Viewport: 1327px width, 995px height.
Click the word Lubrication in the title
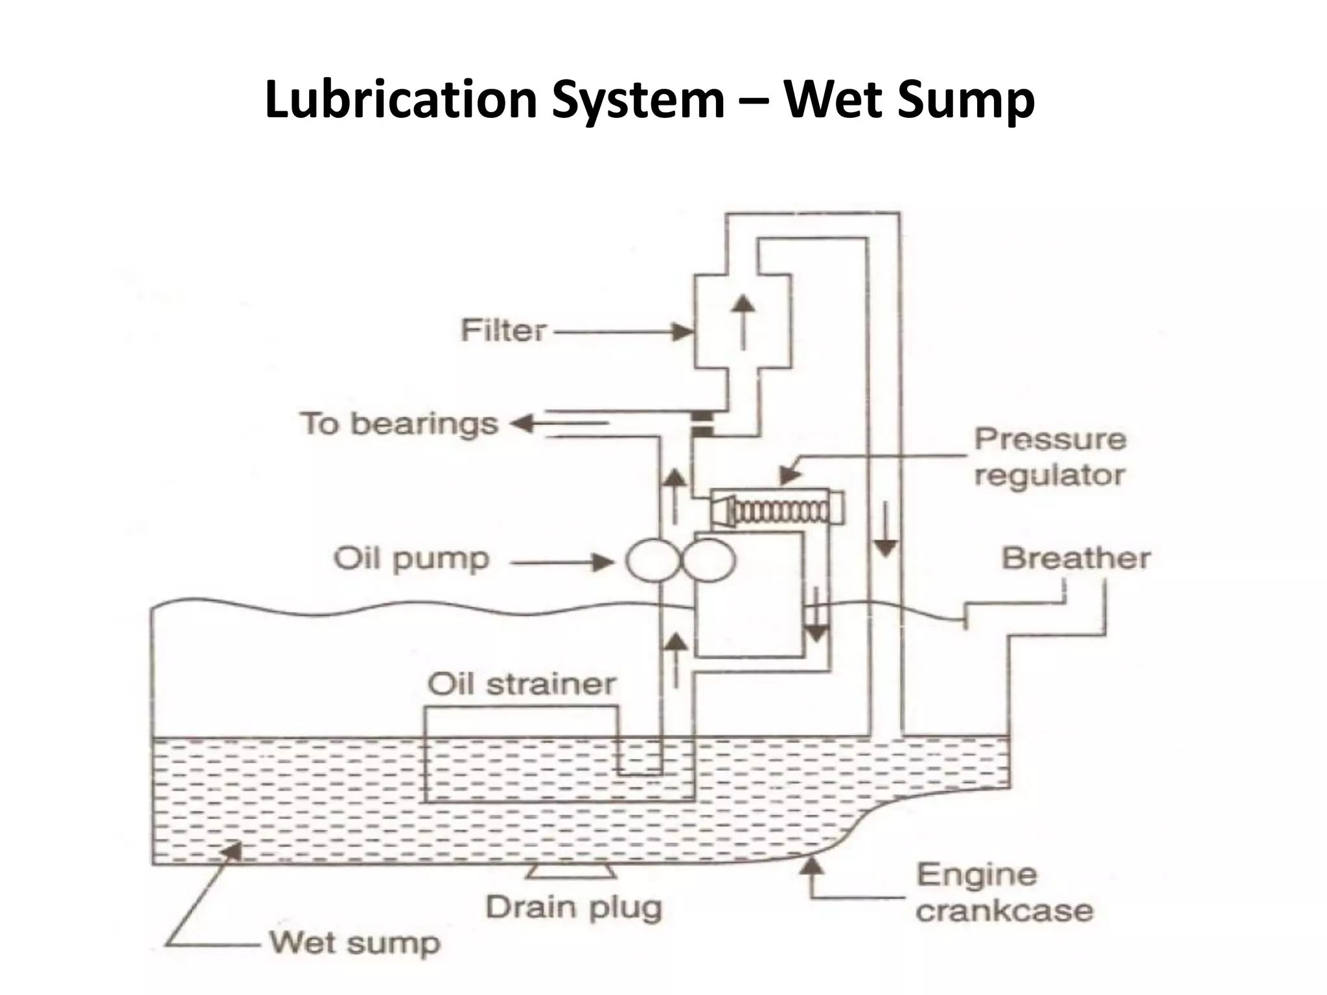401,100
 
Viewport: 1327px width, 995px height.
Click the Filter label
503,331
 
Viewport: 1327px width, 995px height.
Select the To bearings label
398,424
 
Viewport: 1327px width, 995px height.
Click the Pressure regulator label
1050,457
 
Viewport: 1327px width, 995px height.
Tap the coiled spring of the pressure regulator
781,512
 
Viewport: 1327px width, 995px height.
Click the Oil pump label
411,559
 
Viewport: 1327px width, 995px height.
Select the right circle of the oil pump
709,560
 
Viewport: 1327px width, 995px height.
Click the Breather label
1076,558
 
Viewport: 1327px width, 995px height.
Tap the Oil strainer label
522,684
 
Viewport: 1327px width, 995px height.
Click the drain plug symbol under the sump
571,872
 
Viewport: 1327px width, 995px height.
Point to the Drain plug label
574,908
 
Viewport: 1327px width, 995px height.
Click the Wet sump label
354,943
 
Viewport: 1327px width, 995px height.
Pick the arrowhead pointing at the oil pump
603,562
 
